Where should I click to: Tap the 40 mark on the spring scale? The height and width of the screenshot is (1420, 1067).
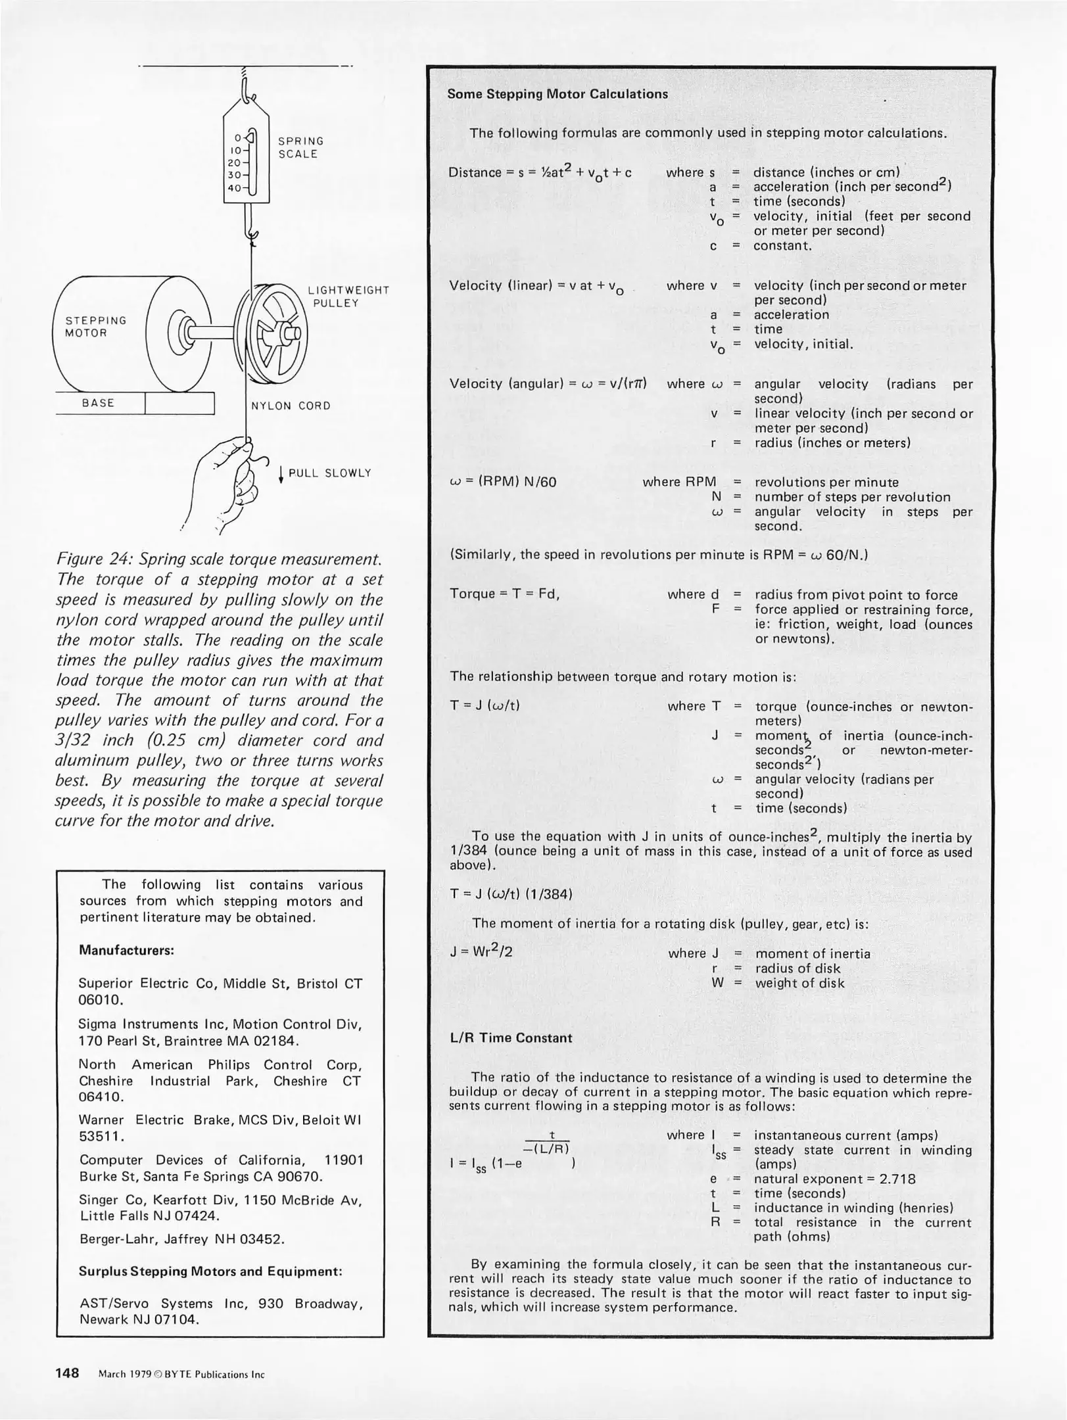click(234, 188)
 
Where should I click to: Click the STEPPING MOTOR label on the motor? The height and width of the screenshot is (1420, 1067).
click(95, 327)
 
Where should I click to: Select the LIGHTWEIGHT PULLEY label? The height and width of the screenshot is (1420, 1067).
click(348, 296)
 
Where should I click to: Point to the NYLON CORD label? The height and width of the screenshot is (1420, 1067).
click(291, 406)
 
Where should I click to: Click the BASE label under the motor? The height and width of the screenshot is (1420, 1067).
click(98, 403)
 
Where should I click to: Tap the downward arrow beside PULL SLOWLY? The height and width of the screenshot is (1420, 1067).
click(281, 474)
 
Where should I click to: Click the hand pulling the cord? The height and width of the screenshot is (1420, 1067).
click(227, 477)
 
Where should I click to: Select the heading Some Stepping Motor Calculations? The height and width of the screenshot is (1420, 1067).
click(557, 94)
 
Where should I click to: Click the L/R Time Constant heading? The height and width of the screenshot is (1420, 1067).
click(510, 1038)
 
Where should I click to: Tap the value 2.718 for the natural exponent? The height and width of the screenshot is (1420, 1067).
click(897, 1179)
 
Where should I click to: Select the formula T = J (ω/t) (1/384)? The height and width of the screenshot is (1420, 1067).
click(511, 894)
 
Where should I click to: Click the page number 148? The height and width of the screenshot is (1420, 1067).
click(67, 1373)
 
